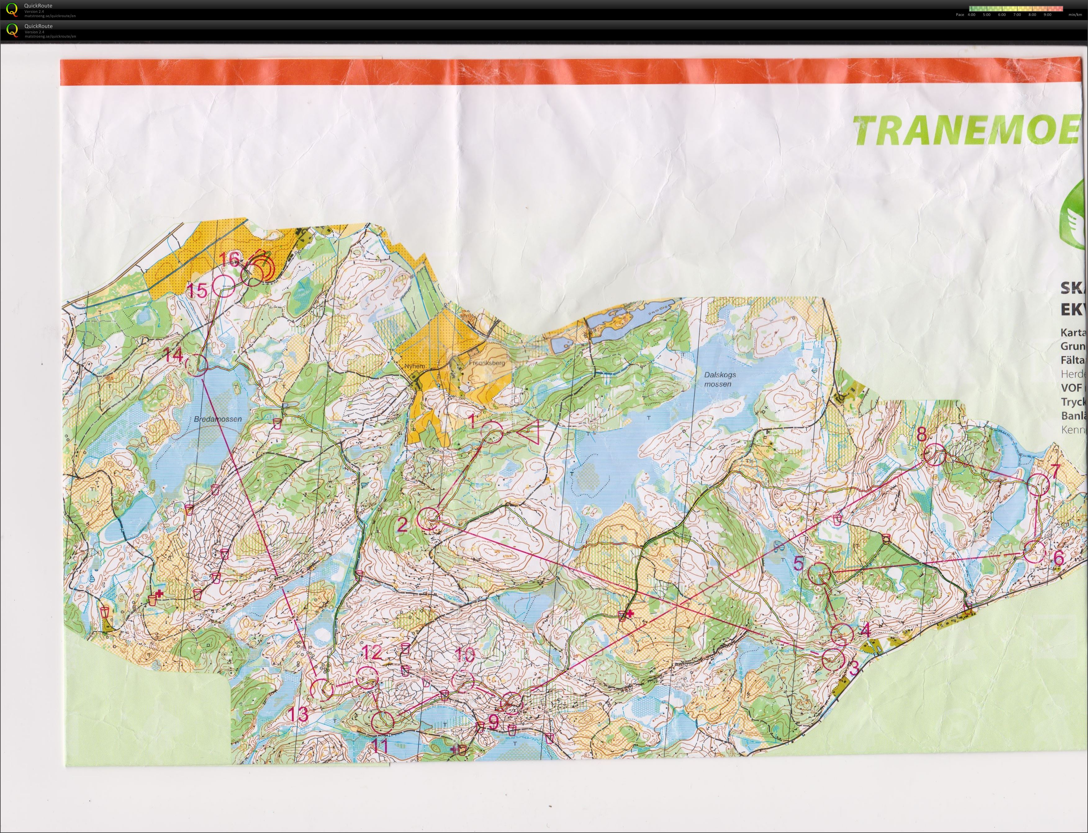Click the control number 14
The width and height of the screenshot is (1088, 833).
coord(174,355)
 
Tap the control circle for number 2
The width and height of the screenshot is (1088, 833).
coord(428,520)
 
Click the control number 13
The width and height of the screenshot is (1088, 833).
coord(299,715)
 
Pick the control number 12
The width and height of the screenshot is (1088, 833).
coord(372,652)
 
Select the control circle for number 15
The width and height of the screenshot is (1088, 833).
coord(223,286)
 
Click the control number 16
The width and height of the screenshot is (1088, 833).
coord(230,259)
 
